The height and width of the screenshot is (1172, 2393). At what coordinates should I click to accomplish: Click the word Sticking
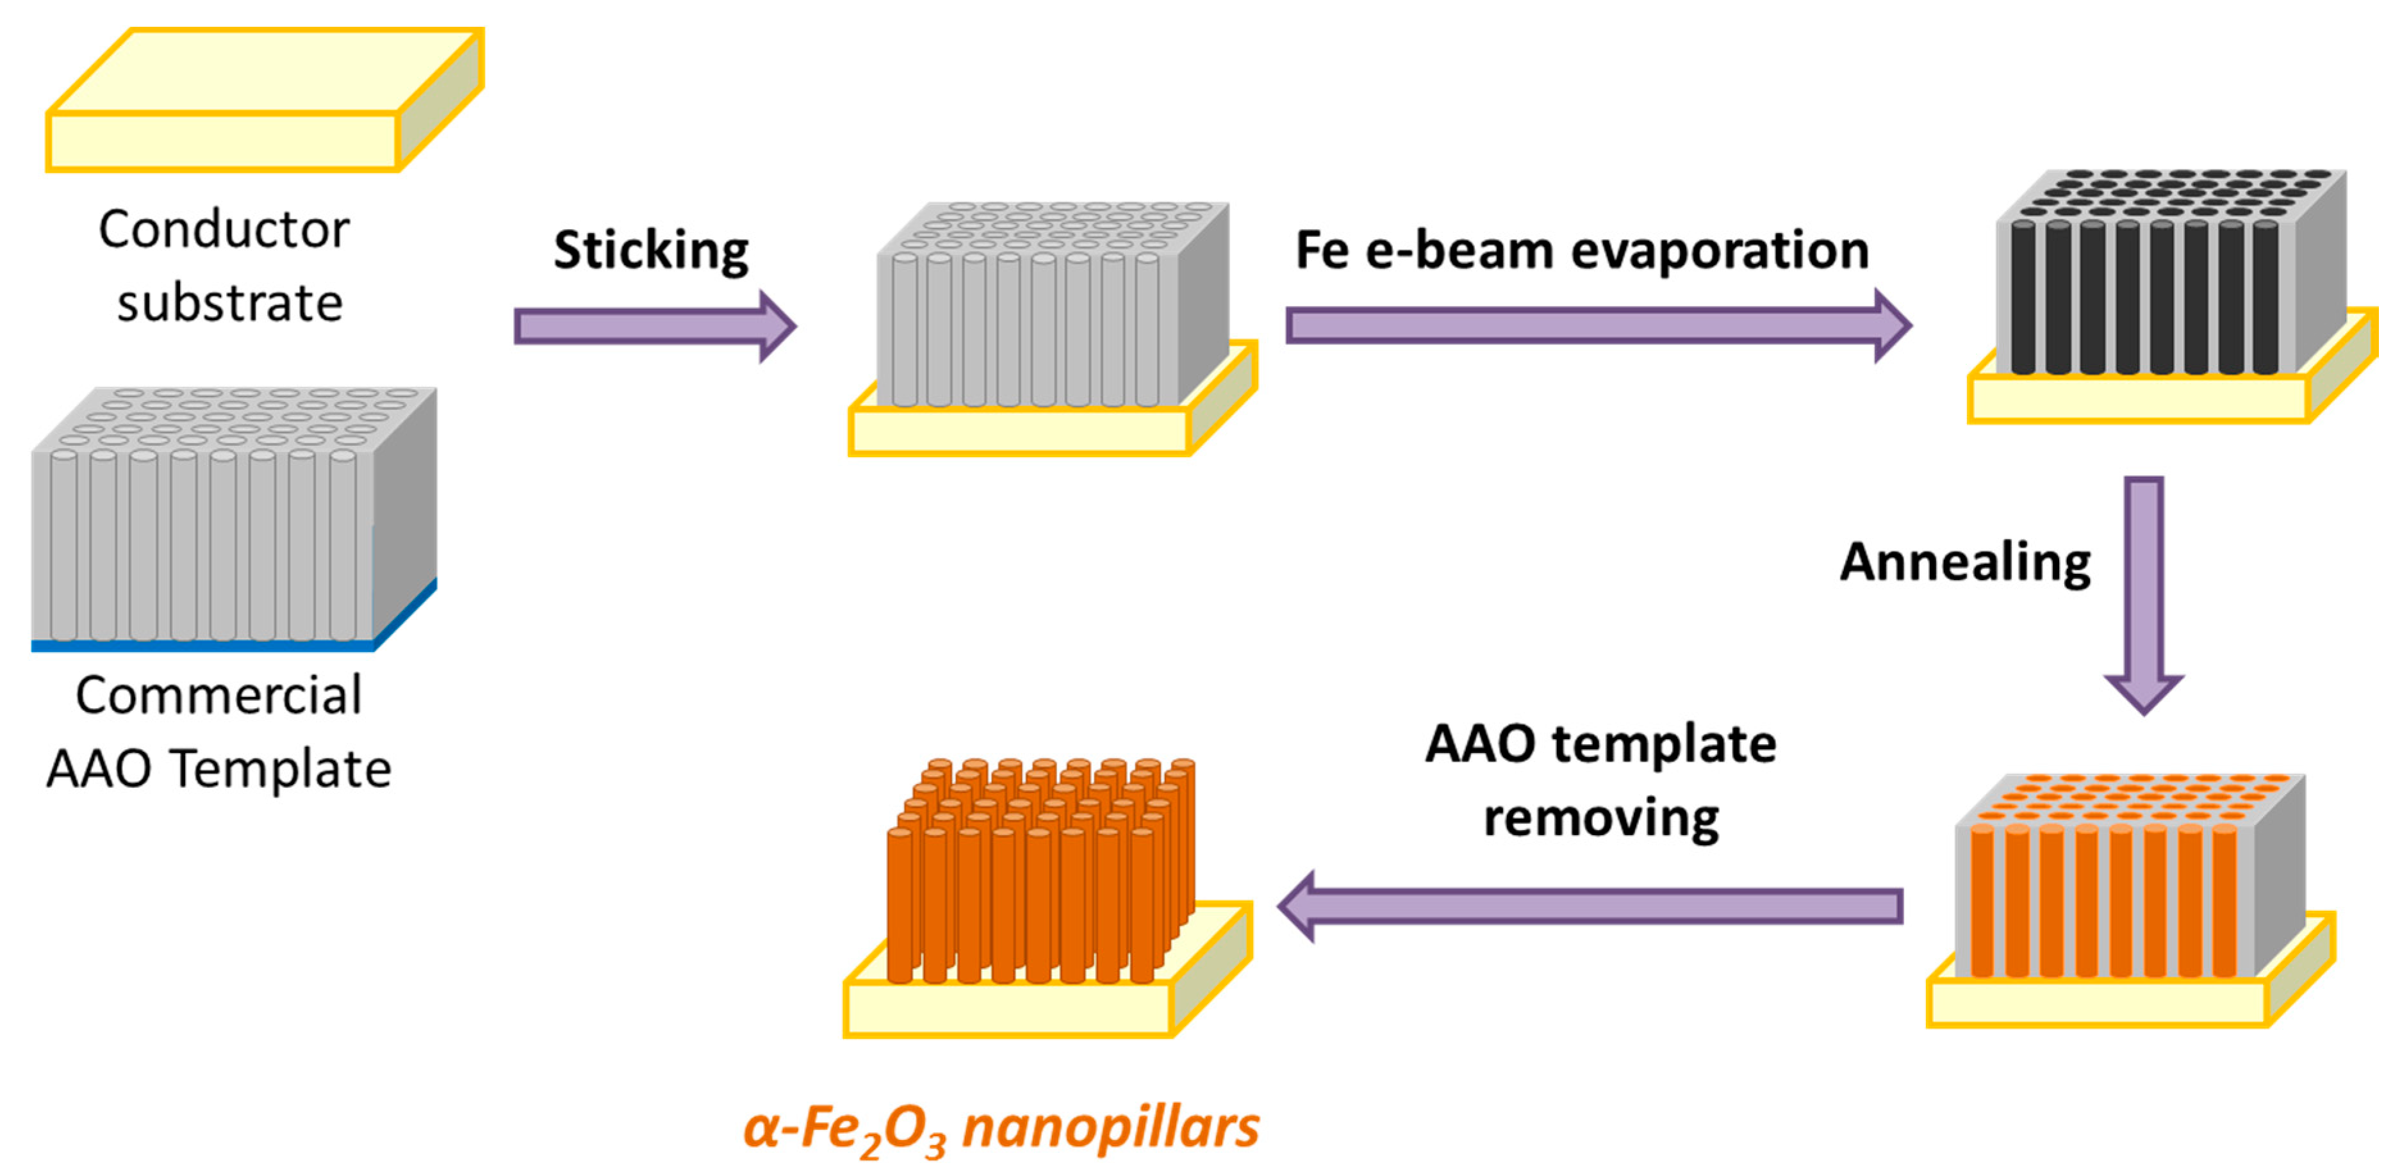pyautogui.click(x=651, y=251)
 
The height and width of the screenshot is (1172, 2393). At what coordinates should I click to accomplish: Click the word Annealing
pyautogui.click(x=1965, y=562)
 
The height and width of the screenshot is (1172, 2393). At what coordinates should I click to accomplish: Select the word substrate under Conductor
pyautogui.click(x=229, y=303)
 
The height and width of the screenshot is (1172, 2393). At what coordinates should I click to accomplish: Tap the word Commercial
pyautogui.click(x=218, y=695)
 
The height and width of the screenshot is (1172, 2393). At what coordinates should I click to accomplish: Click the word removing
pyautogui.click(x=1600, y=817)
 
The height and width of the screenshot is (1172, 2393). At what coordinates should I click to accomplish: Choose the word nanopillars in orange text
pyautogui.click(x=1110, y=1127)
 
